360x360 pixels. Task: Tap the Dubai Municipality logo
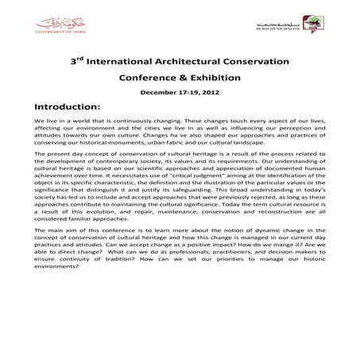(290, 29)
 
